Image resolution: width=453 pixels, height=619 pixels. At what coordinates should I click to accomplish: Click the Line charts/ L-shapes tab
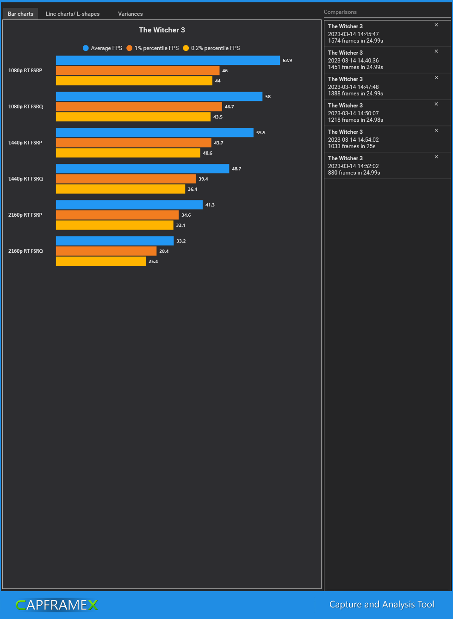tap(72, 14)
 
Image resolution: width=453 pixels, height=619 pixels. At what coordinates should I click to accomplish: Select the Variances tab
tap(130, 14)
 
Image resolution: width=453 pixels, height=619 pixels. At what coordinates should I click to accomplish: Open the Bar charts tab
tap(20, 14)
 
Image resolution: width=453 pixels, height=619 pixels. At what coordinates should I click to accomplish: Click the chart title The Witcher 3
tap(162, 30)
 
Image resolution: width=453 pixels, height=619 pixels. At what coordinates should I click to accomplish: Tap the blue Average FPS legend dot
tap(86, 48)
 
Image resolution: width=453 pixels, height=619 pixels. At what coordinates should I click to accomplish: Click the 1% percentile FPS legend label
tap(156, 48)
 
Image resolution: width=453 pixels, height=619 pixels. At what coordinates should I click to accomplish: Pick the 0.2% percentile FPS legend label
tap(215, 48)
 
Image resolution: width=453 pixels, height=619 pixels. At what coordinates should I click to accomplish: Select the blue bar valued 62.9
tap(168, 61)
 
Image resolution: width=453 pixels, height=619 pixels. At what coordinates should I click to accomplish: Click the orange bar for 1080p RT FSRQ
tap(139, 107)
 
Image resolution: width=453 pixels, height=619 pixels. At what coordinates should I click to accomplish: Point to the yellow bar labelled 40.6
tap(128, 153)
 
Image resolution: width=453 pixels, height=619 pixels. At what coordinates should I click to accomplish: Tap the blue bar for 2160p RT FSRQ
tap(115, 241)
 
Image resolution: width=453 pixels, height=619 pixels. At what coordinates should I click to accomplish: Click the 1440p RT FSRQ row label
tap(25, 179)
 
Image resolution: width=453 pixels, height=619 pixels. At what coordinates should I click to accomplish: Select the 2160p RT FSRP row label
tap(25, 215)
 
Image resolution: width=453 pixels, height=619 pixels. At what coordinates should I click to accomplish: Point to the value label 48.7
tap(236, 169)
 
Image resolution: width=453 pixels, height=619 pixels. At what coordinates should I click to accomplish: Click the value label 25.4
tap(153, 262)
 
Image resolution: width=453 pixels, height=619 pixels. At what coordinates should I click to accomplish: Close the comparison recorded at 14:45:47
tap(436, 25)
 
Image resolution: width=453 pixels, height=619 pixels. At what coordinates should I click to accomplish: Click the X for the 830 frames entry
tap(436, 157)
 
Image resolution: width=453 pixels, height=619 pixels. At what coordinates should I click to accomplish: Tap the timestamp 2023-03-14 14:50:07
tap(353, 113)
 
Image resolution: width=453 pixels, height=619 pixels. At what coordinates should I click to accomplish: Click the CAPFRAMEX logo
tap(56, 605)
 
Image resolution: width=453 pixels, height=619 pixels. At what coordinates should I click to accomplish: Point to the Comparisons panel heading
tap(340, 12)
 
